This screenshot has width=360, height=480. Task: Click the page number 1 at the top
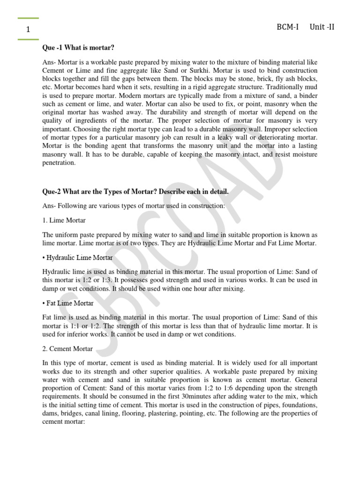coord(29,30)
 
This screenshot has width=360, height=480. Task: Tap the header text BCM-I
coord(288,27)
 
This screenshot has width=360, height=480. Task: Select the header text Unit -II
coord(322,27)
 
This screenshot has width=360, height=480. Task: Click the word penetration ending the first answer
coord(59,163)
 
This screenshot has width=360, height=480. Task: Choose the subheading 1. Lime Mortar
coord(64,220)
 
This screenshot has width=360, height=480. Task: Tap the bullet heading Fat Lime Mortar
coord(69,303)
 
